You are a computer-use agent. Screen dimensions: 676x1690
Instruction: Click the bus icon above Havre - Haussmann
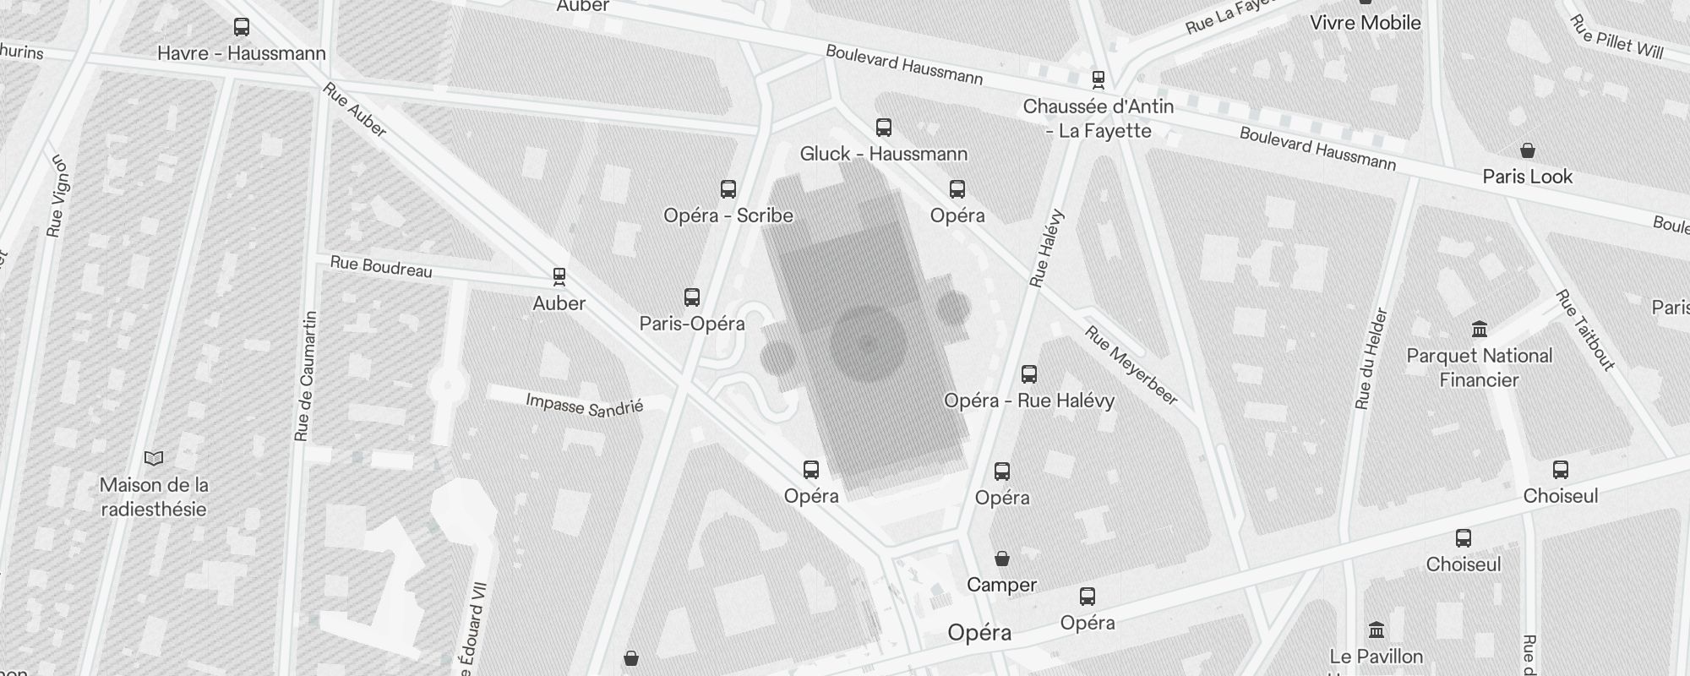[x=242, y=27]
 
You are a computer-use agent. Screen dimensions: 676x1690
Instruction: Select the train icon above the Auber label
[x=559, y=276]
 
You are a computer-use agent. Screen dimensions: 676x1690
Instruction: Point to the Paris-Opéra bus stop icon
[x=692, y=297]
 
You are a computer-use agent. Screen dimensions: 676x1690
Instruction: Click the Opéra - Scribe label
[x=728, y=215]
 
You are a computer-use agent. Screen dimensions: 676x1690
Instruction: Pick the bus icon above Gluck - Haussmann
[x=884, y=128]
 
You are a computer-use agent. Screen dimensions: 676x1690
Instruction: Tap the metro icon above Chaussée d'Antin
[x=1098, y=80]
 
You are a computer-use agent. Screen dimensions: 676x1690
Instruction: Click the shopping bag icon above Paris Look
[x=1528, y=151]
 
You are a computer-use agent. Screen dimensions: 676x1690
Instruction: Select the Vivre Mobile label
[x=1366, y=23]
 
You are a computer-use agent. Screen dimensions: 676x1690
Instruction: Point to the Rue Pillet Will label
[x=1616, y=38]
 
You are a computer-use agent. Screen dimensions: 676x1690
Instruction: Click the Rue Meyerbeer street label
[x=1131, y=365]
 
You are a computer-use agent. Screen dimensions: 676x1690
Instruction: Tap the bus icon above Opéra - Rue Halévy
[x=1029, y=374]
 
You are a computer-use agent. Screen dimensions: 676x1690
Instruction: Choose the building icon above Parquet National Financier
[x=1480, y=329]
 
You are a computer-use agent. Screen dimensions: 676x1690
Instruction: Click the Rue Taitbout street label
[x=1585, y=330]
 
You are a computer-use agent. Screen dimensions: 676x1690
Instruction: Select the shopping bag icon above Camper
[x=1002, y=559]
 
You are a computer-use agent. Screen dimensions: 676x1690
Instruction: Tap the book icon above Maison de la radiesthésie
[x=154, y=459]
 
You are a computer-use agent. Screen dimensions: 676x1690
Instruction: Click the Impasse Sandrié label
[x=585, y=405]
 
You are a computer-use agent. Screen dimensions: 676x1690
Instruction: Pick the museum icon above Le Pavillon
[x=1377, y=630]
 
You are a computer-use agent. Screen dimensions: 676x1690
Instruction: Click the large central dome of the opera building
[x=868, y=343]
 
